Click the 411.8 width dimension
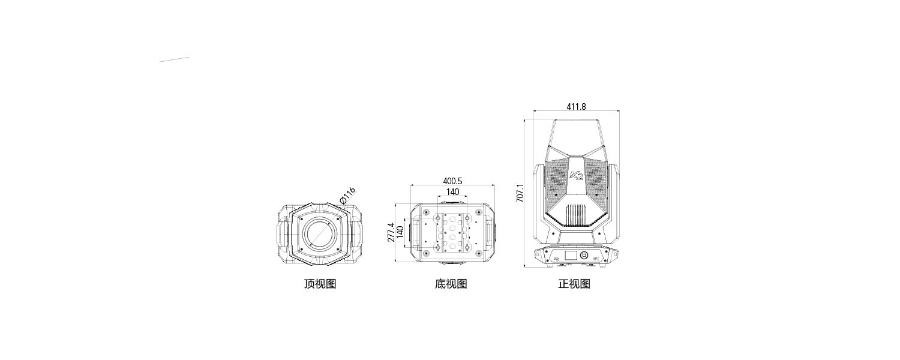click(x=576, y=106)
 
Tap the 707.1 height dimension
click(x=520, y=193)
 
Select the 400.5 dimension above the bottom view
click(x=452, y=181)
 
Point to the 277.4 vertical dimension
click(x=391, y=232)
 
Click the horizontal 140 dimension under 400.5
click(x=452, y=191)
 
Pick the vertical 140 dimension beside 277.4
click(x=400, y=232)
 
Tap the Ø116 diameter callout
click(x=347, y=194)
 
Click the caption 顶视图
click(x=320, y=284)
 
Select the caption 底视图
click(x=451, y=284)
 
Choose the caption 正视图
click(x=574, y=284)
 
